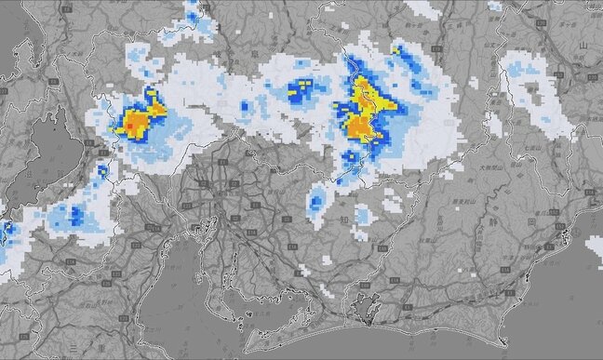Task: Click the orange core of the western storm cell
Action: (137, 121)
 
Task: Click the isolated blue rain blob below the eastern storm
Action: (318, 199)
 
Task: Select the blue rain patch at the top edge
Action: (194, 13)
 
